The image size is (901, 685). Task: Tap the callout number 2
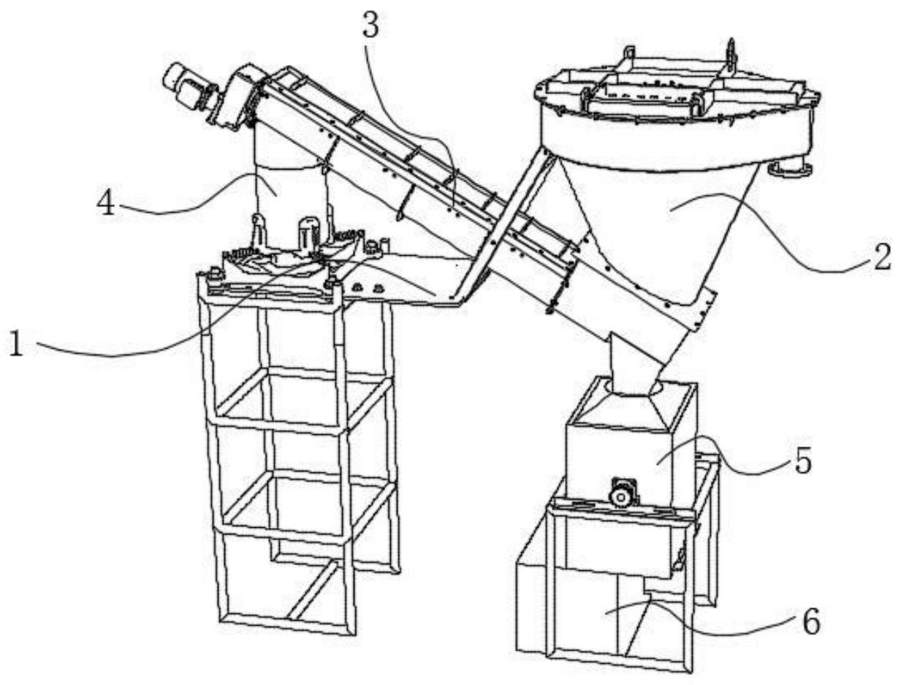[882, 257]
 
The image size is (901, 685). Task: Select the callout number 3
[370, 26]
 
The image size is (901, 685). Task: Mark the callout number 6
[810, 621]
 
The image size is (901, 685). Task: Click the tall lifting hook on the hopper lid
[731, 56]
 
